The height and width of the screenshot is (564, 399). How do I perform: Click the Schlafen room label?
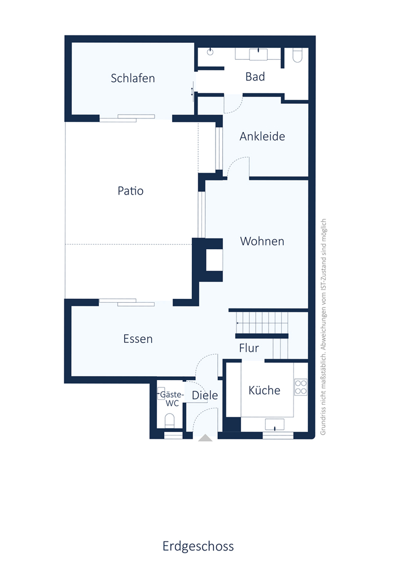coord(133,78)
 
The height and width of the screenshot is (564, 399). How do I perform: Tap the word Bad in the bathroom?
coord(255,77)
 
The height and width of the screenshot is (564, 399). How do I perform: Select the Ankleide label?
coord(262,136)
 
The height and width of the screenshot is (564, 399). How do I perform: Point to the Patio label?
coord(130,191)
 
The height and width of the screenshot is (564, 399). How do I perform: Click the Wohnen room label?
coord(262,241)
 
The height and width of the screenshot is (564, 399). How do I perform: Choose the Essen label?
coord(138,339)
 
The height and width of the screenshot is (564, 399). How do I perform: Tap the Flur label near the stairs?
coord(249,348)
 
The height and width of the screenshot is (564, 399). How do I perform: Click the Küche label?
coord(265,390)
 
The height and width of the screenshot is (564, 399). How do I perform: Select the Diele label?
coord(205,395)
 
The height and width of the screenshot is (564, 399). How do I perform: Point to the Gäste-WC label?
coord(172,399)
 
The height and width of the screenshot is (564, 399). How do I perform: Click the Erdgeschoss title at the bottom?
coord(198,546)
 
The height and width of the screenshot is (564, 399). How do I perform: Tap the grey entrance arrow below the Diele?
coord(205,438)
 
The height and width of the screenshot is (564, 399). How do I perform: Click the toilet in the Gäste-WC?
coord(169,421)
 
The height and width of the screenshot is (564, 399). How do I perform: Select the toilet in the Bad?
coord(297,55)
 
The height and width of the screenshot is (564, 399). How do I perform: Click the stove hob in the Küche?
coord(301,387)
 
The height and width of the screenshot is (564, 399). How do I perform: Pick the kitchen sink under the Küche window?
coord(274,425)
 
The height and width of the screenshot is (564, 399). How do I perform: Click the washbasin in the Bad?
coord(258,54)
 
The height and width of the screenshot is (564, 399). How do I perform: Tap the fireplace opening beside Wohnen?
coord(214,260)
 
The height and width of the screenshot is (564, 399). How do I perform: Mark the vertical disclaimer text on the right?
coord(323,327)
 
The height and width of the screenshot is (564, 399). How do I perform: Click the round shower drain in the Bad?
coord(210,52)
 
